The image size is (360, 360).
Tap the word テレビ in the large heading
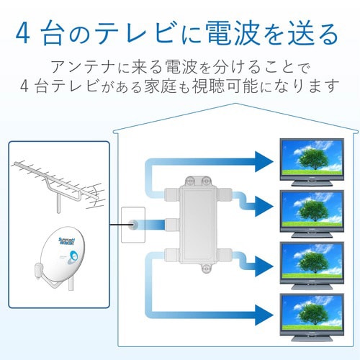click(x=143, y=32)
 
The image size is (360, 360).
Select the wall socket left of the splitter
click(x=133, y=225)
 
